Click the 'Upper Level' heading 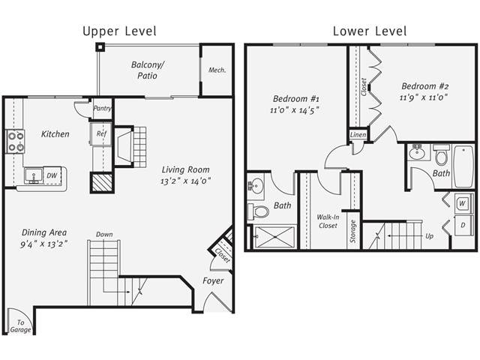tap(119, 31)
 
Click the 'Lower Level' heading tap(370, 31)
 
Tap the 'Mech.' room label tap(217, 70)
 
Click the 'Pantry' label tap(102, 108)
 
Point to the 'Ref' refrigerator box tap(101, 134)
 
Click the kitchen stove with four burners tap(16, 141)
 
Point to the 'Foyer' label tap(213, 281)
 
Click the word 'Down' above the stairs tap(104, 235)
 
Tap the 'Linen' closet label tap(358, 135)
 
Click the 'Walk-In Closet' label tap(327, 220)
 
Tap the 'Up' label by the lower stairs tap(429, 235)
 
